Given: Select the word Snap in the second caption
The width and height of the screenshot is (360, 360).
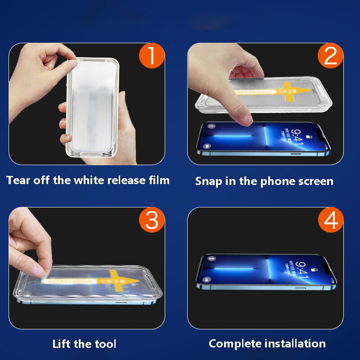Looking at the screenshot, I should point(208,181).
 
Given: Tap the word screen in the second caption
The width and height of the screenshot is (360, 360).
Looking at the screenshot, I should point(315,181).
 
